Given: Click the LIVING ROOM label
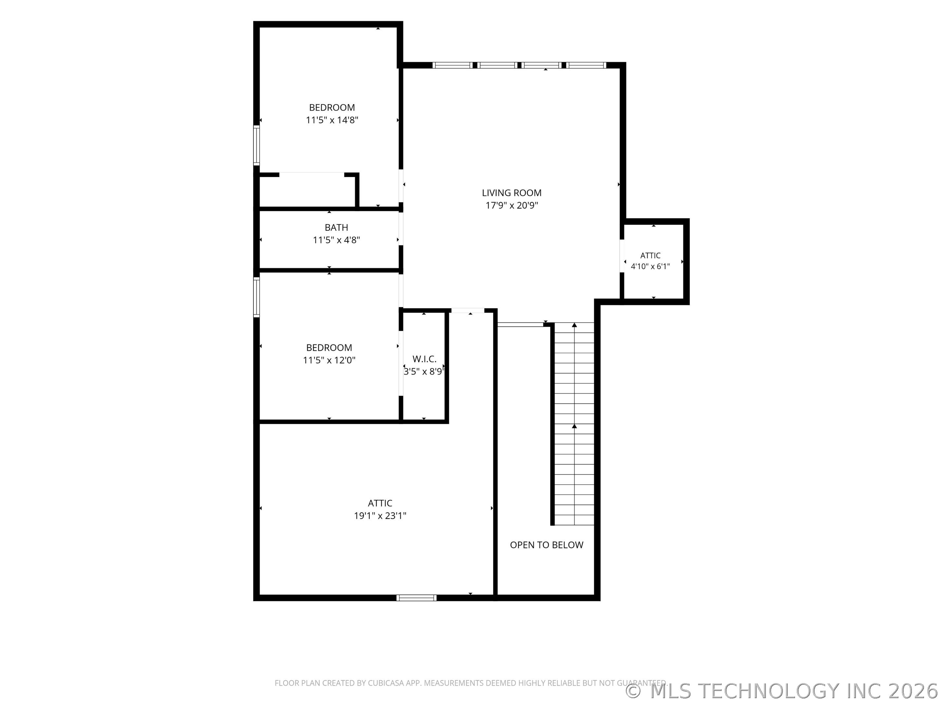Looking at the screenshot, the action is pos(511,193).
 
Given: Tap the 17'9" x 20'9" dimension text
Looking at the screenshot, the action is pos(511,206).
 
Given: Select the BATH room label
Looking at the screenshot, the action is pos(336,227).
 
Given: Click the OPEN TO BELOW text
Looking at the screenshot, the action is pos(546,545).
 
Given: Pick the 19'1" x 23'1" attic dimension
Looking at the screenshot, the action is pos(380,516).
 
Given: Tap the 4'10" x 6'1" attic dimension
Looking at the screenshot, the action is pos(650,267).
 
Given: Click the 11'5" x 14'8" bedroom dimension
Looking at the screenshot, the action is pos(332,120).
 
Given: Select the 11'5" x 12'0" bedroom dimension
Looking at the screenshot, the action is pos(329,360).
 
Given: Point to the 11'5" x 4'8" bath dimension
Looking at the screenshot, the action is pos(336,240).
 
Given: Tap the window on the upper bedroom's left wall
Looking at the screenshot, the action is pos(256,145).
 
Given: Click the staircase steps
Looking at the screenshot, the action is pos(574,424).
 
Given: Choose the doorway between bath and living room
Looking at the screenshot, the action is pos(401,229).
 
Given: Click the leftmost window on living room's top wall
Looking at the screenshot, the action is pos(452,65).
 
